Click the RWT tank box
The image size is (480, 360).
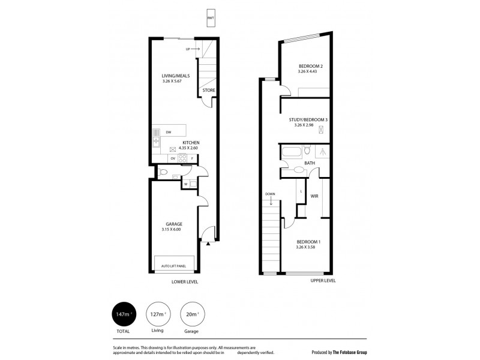pyautogui.click(x=210, y=18)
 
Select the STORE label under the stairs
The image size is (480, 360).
pyautogui.click(x=208, y=91)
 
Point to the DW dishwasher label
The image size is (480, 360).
pyautogui.click(x=169, y=133)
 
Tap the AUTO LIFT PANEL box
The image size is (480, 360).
pyautogui.click(x=175, y=265)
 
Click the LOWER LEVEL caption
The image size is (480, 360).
pyautogui.click(x=185, y=281)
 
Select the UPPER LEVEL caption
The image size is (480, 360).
pyautogui.click(x=323, y=280)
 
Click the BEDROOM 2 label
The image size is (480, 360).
pyautogui.click(x=311, y=66)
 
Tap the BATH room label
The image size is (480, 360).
pyautogui.click(x=310, y=163)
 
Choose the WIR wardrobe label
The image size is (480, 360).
pyautogui.click(x=314, y=196)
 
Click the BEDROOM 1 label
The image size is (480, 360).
pyautogui.click(x=308, y=242)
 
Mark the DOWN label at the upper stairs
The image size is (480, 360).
pyautogui.click(x=270, y=194)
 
